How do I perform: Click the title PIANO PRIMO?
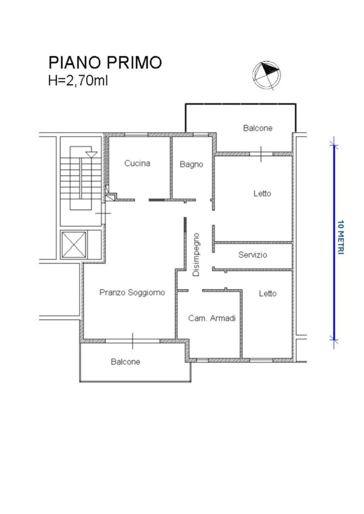[x=106, y=63]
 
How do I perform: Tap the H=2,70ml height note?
[x=78, y=80]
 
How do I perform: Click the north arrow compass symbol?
[x=266, y=75]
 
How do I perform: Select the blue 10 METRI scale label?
[x=341, y=237]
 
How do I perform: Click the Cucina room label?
[x=137, y=163]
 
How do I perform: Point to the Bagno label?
[x=192, y=164]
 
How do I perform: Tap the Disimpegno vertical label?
[x=196, y=254]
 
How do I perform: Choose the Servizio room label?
[x=252, y=254]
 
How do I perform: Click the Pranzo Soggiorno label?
[x=132, y=293]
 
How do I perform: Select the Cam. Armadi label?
[x=212, y=318]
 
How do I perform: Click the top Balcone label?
[x=257, y=128]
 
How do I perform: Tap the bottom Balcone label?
[x=125, y=361]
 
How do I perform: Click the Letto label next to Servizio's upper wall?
[x=262, y=193]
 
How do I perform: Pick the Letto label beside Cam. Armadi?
[x=267, y=293]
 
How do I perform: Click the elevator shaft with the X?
[x=74, y=244]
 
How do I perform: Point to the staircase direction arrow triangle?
[x=91, y=154]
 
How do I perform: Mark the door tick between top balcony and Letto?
[x=261, y=154]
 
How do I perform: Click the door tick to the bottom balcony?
[x=133, y=341]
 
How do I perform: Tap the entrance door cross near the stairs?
[x=103, y=213]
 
